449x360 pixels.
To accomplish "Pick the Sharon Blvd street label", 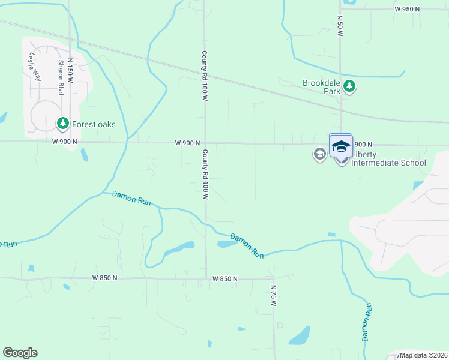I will [61, 77].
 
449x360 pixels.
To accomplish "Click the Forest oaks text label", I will [94, 124].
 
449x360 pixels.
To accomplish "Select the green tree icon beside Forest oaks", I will [62, 124].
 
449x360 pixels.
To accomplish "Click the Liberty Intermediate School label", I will [388, 163].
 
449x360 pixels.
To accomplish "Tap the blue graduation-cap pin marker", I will [341, 146].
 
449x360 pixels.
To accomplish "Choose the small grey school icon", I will [319, 155].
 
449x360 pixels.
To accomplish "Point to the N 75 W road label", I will [273, 296].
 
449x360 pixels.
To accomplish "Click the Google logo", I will [20, 353].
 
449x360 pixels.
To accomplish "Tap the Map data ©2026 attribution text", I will [423, 355].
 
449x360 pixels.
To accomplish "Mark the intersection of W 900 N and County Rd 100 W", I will [205, 143].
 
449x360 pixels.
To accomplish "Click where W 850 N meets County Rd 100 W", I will [206, 278].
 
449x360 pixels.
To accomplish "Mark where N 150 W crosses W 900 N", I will [71, 142].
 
